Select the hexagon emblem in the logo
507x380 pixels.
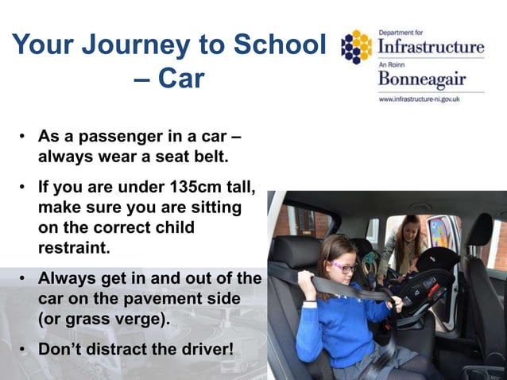355,48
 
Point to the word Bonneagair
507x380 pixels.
420,80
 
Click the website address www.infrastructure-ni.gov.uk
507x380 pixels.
420,99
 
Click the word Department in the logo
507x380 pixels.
402,33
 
